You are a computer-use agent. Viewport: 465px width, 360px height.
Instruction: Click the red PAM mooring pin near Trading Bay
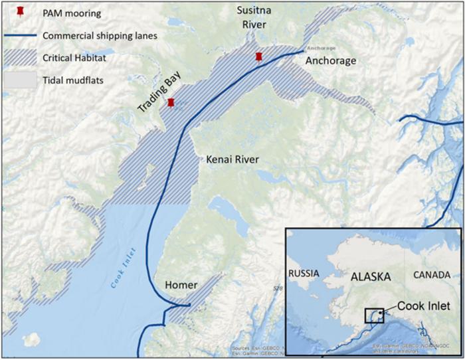[171, 103]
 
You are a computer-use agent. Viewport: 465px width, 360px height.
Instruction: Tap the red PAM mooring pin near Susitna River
[259, 57]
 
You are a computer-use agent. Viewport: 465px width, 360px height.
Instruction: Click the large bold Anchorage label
[331, 61]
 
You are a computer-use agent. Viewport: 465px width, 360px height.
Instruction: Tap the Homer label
[181, 285]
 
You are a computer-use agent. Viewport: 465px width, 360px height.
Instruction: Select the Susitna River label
[253, 17]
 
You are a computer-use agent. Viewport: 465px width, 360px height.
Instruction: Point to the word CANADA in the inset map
[431, 274]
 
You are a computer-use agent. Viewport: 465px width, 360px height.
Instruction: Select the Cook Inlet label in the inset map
[422, 307]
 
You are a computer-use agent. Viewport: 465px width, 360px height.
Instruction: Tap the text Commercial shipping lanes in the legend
[100, 36]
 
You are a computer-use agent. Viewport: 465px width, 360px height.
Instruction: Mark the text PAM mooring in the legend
[72, 13]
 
